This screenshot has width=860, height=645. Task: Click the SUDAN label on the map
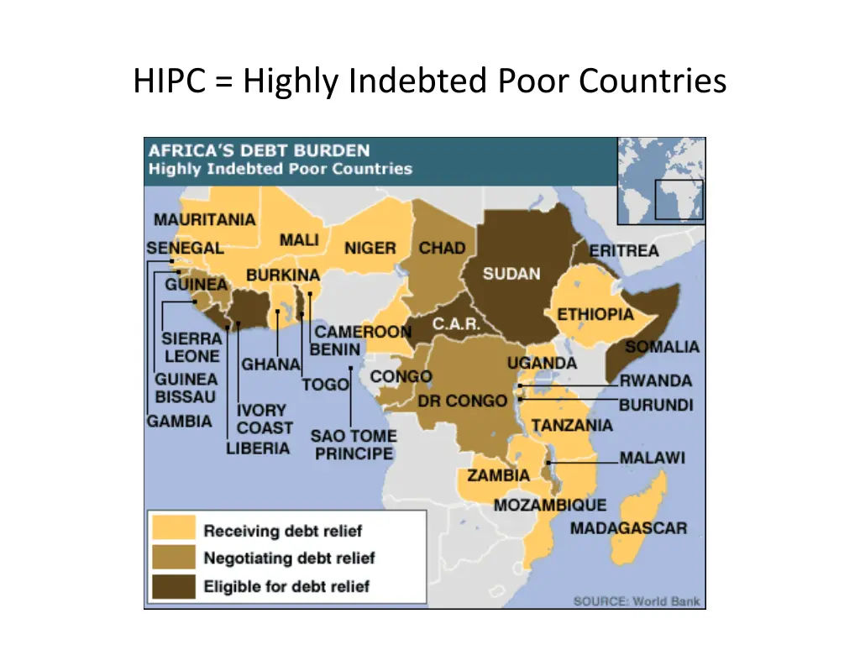point(511,274)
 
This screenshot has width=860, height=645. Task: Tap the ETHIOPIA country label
point(595,314)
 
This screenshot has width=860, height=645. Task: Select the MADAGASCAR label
point(628,528)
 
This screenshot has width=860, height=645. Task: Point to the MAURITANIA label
point(204,220)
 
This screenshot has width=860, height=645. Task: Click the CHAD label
point(442,249)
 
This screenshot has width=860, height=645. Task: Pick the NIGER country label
point(370,249)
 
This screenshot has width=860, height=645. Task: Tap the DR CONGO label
point(463,401)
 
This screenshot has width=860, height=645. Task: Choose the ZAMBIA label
point(499,476)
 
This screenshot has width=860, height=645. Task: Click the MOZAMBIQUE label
point(549,505)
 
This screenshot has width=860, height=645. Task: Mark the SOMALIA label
point(662,347)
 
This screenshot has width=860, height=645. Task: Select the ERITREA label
point(624,250)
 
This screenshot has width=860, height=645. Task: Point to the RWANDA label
point(656,380)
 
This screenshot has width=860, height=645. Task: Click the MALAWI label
point(653,459)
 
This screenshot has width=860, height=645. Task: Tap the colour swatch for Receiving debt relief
point(174,530)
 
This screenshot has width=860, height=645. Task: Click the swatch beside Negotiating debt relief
point(174,558)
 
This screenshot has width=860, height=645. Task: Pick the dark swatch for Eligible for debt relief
point(174,585)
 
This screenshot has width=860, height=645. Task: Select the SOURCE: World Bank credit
point(636,601)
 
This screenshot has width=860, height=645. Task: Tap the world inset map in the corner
point(661,180)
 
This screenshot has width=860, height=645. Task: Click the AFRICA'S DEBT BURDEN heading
point(259,151)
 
